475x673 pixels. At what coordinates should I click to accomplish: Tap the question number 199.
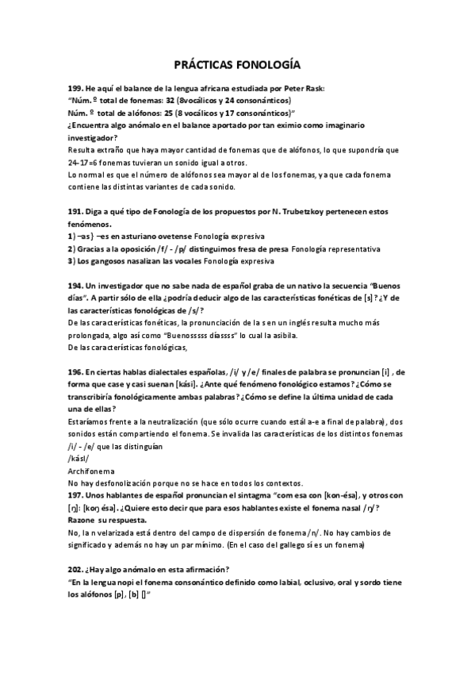(x=76, y=89)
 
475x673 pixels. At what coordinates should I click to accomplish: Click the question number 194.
(x=76, y=285)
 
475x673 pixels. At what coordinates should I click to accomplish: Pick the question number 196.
(x=76, y=372)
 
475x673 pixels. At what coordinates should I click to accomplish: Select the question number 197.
(x=76, y=495)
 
